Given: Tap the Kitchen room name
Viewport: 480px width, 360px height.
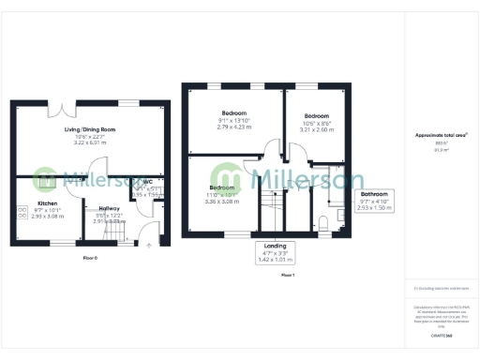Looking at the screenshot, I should coord(48,202).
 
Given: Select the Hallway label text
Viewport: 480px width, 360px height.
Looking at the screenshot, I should coord(110,208).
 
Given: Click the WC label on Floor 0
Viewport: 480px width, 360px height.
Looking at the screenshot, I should coord(147,182).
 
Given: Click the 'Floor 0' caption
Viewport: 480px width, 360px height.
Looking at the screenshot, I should coord(90,256).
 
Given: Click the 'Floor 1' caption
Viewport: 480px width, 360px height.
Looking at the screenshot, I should coord(287,274).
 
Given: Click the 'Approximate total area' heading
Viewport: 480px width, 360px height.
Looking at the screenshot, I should coord(441,135).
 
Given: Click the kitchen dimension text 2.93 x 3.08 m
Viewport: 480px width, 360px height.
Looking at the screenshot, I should coord(48,217).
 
